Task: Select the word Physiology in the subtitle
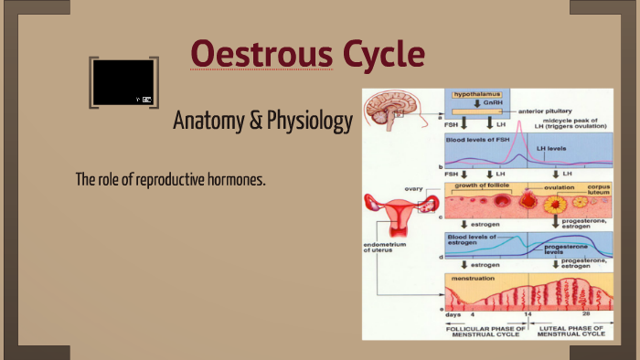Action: [x=308, y=122]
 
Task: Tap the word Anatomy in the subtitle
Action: [x=207, y=122]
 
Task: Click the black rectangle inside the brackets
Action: [x=123, y=83]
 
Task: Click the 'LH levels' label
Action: [x=553, y=147]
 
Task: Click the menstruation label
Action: [x=474, y=278]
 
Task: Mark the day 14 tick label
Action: [x=528, y=314]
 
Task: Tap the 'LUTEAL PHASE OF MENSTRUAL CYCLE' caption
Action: [x=572, y=328]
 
